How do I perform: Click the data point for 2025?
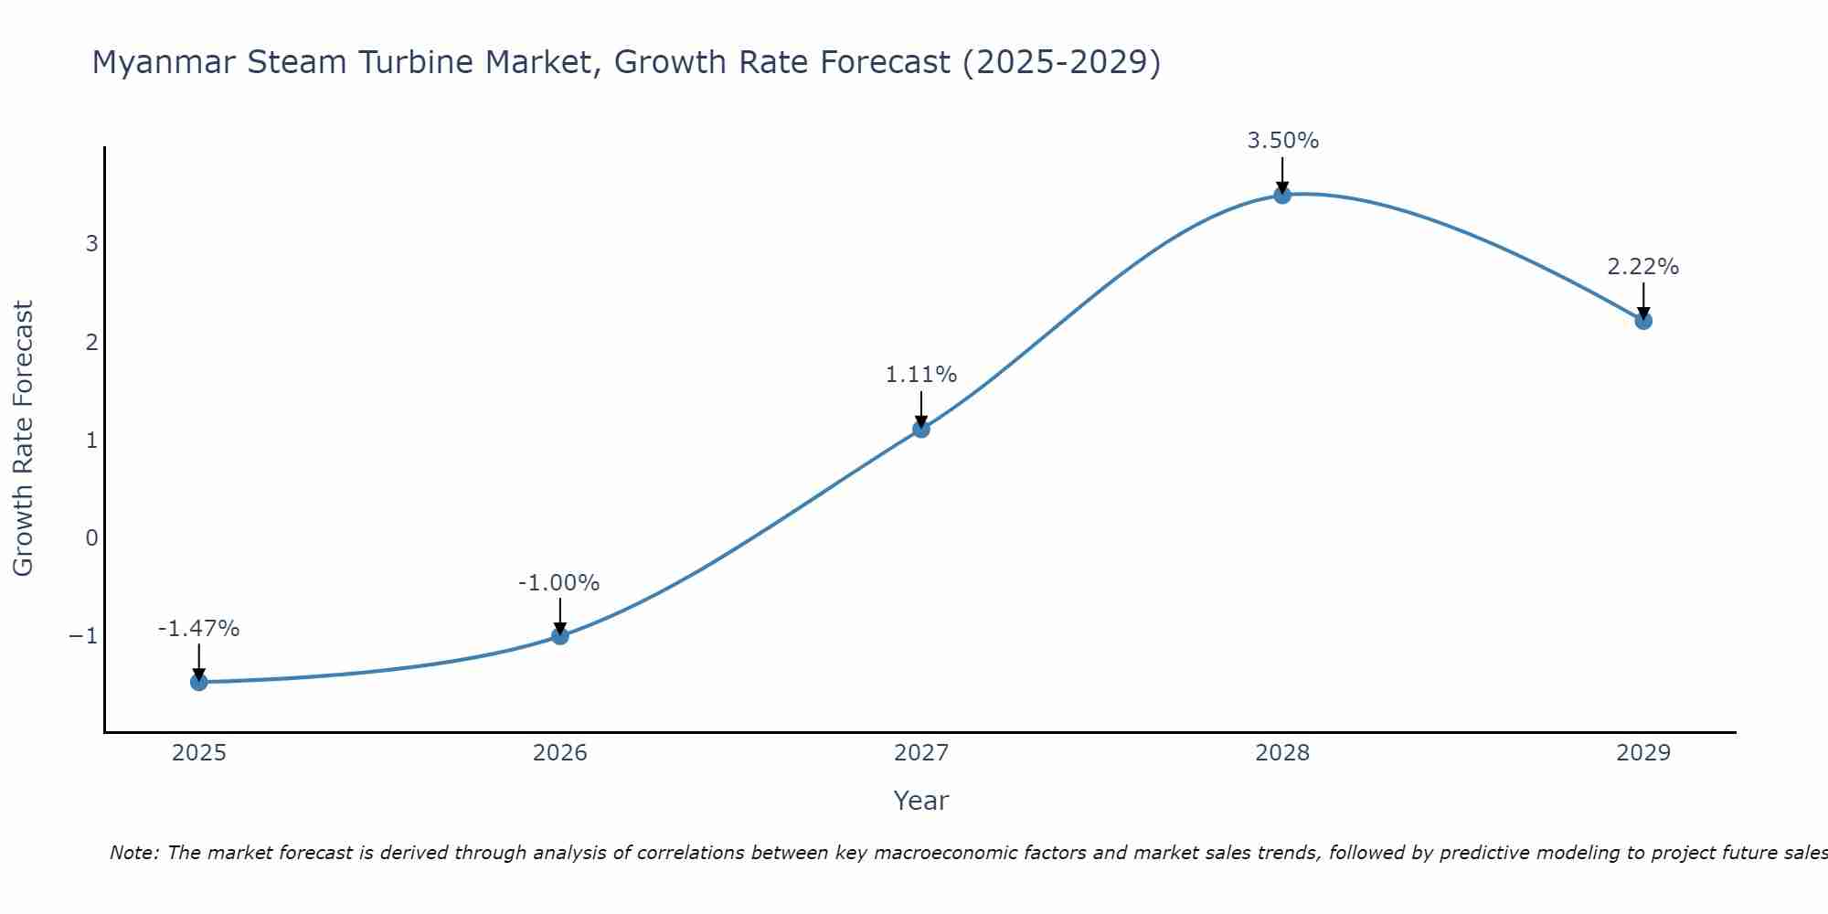199,682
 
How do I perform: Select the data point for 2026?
560,635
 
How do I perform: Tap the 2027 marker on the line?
921,429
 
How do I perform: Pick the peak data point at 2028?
1282,195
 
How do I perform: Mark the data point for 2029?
1643,321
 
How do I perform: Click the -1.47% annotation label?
198,629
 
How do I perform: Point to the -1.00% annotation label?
558,583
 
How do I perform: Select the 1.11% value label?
920,375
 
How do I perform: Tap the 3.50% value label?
1282,141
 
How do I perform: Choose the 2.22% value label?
1642,267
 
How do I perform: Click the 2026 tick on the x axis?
560,753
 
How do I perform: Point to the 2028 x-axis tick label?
1282,753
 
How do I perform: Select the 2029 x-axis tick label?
1643,753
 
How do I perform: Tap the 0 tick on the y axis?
91,537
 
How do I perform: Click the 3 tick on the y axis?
91,244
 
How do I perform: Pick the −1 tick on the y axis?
83,635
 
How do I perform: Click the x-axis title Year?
921,801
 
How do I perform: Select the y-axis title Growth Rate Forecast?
23,438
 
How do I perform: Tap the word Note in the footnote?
133,853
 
